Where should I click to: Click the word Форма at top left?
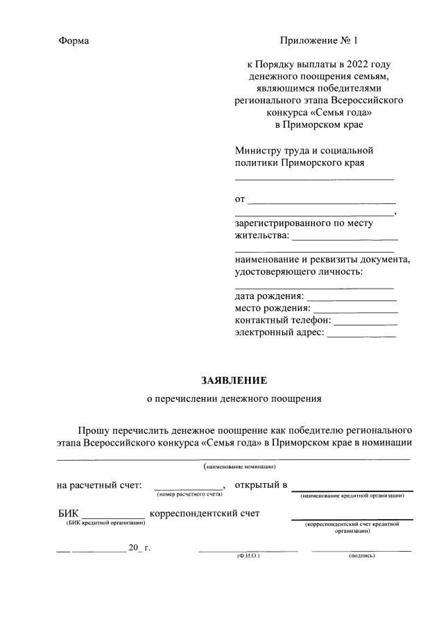point(74,41)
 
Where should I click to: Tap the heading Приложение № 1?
point(320,41)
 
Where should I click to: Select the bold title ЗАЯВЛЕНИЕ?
point(234,380)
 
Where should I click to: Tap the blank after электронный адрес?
point(361,336)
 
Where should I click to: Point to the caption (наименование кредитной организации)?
point(352,495)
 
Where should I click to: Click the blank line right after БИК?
point(113,516)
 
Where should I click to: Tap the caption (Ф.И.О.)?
point(248,556)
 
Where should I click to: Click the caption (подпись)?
point(362,556)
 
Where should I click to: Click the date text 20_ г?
point(139,548)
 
